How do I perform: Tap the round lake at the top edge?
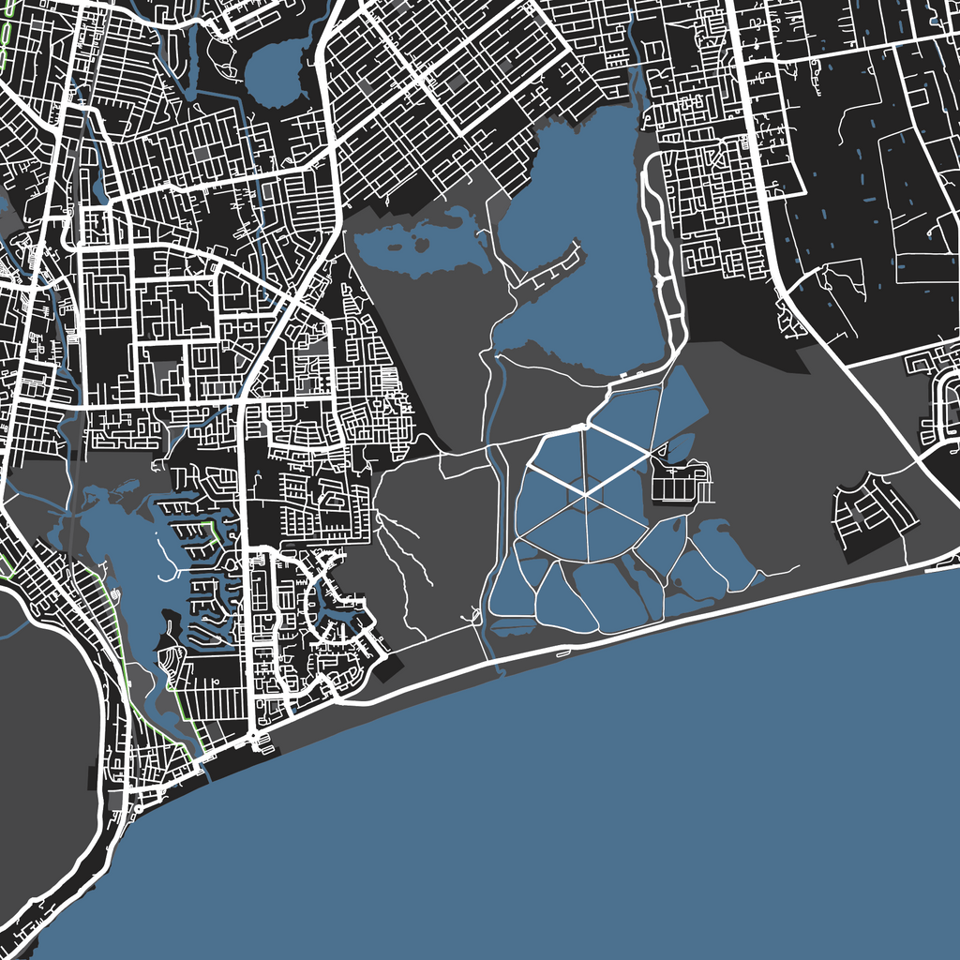coord(273,68)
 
